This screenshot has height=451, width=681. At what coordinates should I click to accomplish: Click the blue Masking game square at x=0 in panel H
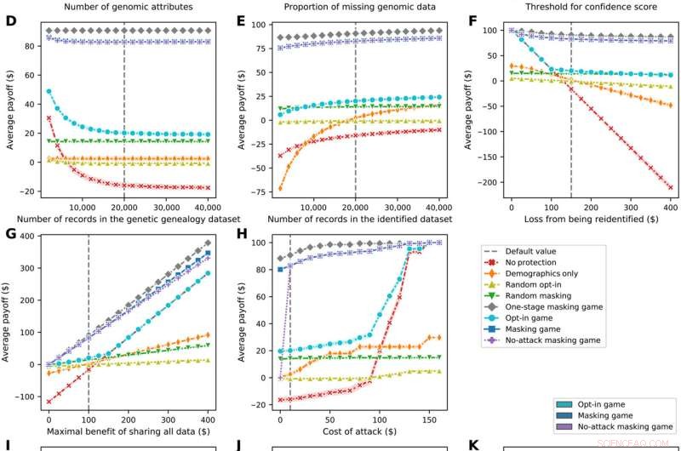[x=280, y=269]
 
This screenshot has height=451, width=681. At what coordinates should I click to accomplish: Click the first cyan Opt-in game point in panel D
[x=49, y=91]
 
